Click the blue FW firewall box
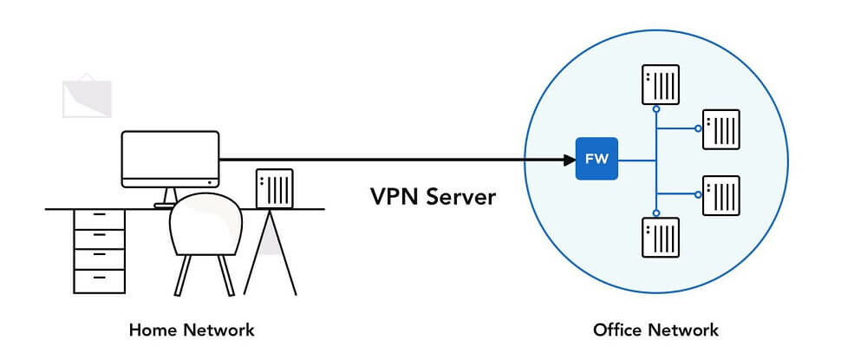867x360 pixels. click(596, 159)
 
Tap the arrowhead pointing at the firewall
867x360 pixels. click(570, 160)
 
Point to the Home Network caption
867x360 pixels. click(192, 331)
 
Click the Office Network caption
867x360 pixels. click(655, 331)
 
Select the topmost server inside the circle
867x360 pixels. click(660, 85)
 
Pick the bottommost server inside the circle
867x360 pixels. click(660, 237)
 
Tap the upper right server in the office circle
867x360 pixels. click(721, 129)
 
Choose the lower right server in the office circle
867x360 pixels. click(721, 195)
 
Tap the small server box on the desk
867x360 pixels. click(274, 188)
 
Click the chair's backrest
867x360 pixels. click(205, 224)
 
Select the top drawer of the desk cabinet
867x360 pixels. click(100, 219)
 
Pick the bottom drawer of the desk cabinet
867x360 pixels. click(100, 281)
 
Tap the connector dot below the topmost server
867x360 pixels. click(655, 109)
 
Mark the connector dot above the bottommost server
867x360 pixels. click(655, 213)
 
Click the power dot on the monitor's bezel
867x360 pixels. click(210, 182)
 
